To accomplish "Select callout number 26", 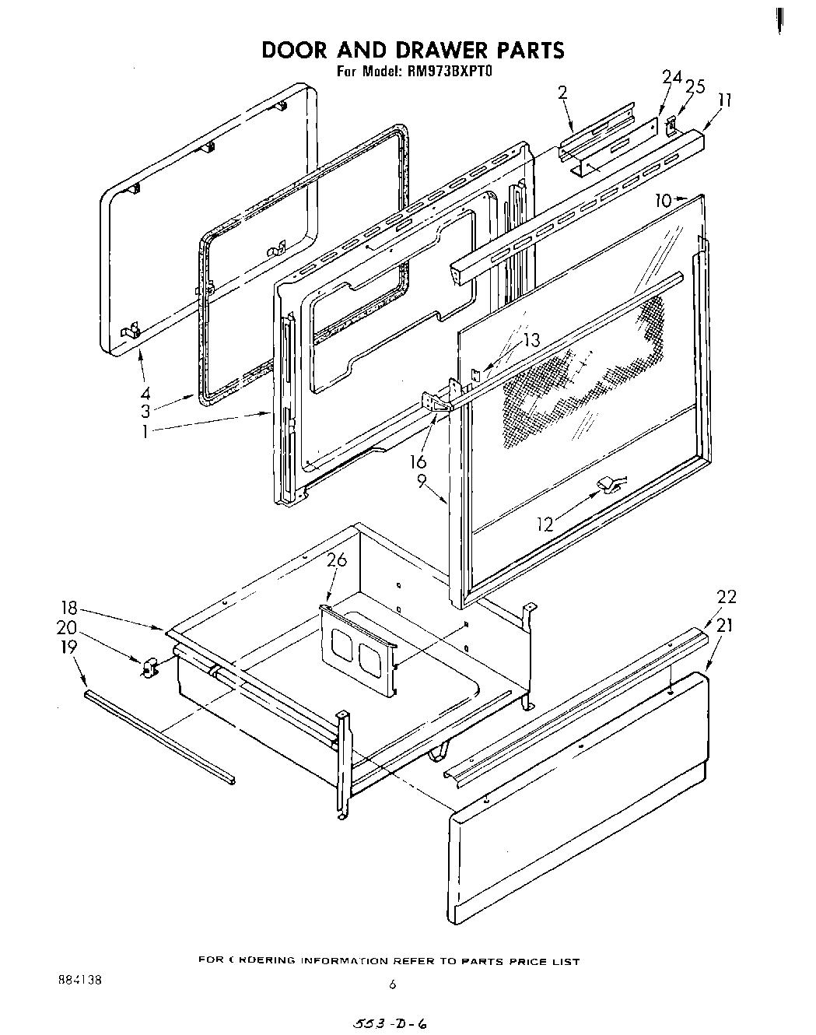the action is (336, 560).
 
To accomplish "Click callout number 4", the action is (145, 393).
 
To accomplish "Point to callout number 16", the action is (419, 462).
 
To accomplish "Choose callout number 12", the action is (545, 525).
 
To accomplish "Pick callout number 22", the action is (726, 597).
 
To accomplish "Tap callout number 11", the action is (725, 100).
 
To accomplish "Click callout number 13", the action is (531, 340).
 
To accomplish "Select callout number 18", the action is (69, 607).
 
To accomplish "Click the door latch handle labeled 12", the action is (609, 487).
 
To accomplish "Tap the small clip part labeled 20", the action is (148, 666).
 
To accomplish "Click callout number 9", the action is (421, 481).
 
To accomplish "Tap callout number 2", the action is (563, 92).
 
